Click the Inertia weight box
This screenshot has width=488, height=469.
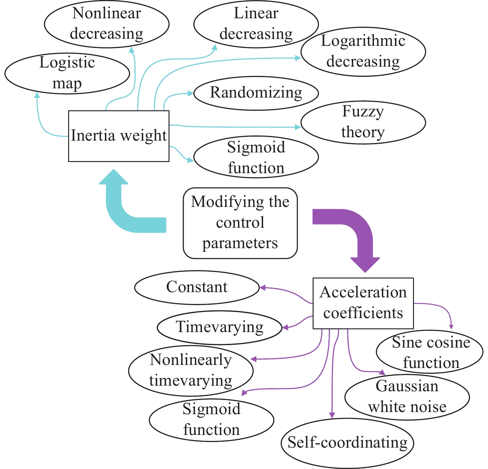pyautogui.click(x=119, y=136)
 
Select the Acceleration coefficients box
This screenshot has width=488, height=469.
pyautogui.click(x=363, y=303)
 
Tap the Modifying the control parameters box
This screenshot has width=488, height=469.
pyautogui.click(x=240, y=223)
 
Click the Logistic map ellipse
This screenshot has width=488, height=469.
pyautogui.click(x=67, y=73)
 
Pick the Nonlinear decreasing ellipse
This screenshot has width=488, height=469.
pyautogui.click(x=107, y=24)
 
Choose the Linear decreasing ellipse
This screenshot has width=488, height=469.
pyautogui.click(x=256, y=24)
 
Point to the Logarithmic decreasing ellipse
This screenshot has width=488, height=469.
pyautogui.click(x=363, y=51)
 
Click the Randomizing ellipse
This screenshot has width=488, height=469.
pyautogui.click(x=256, y=93)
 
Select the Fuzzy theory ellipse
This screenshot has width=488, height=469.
pyautogui.click(x=363, y=122)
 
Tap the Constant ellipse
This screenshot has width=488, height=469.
pyautogui.click(x=197, y=287)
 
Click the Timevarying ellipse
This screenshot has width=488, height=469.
pyautogui.click(x=219, y=327)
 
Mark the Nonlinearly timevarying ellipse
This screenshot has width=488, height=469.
pyautogui.click(x=191, y=370)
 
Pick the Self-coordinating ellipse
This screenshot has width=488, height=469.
pyautogui.click(x=347, y=443)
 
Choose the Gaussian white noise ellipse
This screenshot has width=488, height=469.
pyautogui.click(x=407, y=397)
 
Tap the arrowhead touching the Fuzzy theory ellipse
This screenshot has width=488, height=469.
pyautogui.click(x=298, y=127)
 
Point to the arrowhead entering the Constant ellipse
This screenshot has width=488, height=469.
pyautogui.click(x=262, y=288)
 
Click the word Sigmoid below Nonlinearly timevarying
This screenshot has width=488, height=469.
pyautogui.click(x=211, y=409)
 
